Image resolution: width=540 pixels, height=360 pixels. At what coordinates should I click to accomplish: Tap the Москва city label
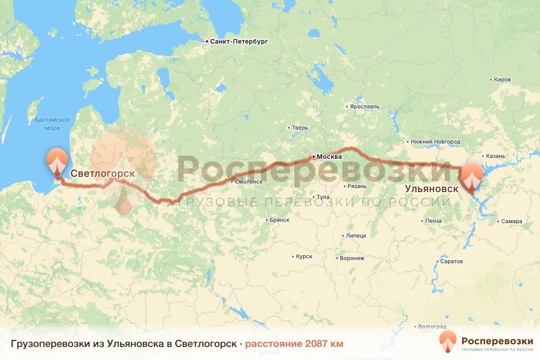coord(329,157)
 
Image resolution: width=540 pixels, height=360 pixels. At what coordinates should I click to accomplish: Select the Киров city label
coord(502,80)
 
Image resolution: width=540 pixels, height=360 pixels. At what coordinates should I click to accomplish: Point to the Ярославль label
coord(364,107)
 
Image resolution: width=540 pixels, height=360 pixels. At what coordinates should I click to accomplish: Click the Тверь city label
coord(300,128)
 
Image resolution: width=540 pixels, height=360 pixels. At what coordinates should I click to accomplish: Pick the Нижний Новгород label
coord(436,142)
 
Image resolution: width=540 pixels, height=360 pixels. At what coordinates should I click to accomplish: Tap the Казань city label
coord(495,156)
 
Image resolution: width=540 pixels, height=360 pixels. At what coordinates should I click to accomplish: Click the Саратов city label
coord(450,261)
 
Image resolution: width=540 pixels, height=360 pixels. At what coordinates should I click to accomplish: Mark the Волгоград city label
coord(432,326)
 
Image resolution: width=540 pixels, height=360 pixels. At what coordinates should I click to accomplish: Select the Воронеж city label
coord(352,258)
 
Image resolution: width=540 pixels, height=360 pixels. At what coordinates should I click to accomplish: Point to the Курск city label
coord(304,256)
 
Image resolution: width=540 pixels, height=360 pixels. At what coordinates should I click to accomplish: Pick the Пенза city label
coord(433,221)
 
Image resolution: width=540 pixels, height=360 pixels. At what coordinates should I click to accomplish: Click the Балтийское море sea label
coord(53,124)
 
